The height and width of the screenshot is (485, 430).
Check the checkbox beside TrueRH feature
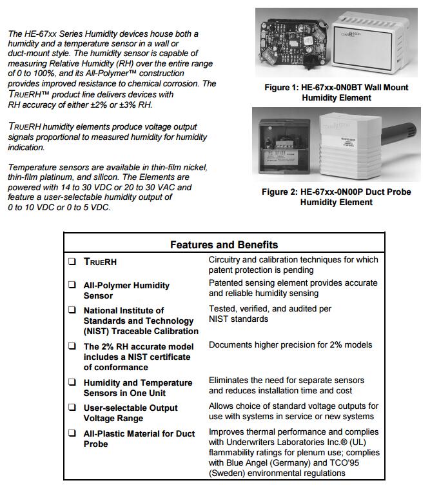(72, 262)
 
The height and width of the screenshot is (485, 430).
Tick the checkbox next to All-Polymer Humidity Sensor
(72, 285)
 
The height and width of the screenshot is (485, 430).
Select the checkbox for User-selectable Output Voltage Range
(72, 408)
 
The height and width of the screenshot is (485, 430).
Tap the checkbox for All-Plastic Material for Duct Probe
(72, 433)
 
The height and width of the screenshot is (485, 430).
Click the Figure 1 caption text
(337, 92)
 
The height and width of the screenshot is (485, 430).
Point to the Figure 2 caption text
(336, 197)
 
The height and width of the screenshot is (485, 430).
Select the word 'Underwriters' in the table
(245, 442)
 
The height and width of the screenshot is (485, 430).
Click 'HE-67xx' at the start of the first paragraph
(41, 34)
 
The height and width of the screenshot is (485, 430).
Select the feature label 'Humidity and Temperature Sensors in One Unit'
(138, 388)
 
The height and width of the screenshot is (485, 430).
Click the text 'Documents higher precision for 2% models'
(290, 345)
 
